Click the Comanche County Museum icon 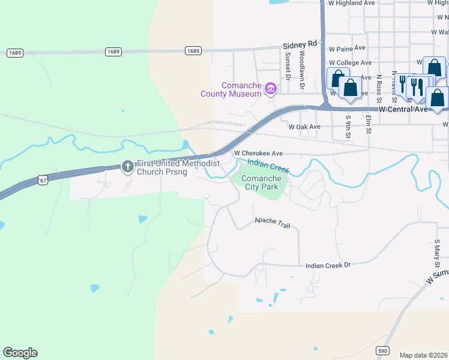(271, 89)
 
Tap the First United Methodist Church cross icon (127, 166)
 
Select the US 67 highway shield (41, 179)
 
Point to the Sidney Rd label (299, 44)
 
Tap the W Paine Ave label (347, 48)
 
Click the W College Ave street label (351, 63)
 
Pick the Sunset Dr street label (288, 65)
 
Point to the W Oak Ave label (304, 127)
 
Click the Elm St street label (368, 124)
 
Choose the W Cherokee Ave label (258, 153)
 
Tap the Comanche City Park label (260, 182)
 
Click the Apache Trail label (272, 223)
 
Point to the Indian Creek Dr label (328, 265)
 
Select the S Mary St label (438, 255)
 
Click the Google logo (20, 353)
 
